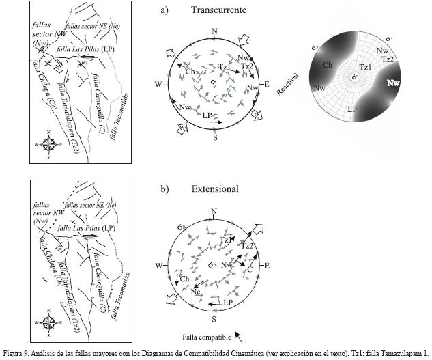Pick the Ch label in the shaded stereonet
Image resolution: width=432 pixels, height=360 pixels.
click(328, 65)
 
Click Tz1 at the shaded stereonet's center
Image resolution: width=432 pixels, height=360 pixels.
click(365, 67)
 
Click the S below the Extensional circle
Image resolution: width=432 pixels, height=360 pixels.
click(214, 319)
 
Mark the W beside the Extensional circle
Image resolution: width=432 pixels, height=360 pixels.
click(159, 265)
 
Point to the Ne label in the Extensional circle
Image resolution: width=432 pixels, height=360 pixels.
click(196, 292)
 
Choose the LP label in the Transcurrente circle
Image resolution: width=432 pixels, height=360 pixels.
click(207, 116)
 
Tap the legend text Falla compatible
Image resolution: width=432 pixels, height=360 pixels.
click(205, 337)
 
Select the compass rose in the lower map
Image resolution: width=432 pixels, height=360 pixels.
click(50, 322)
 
